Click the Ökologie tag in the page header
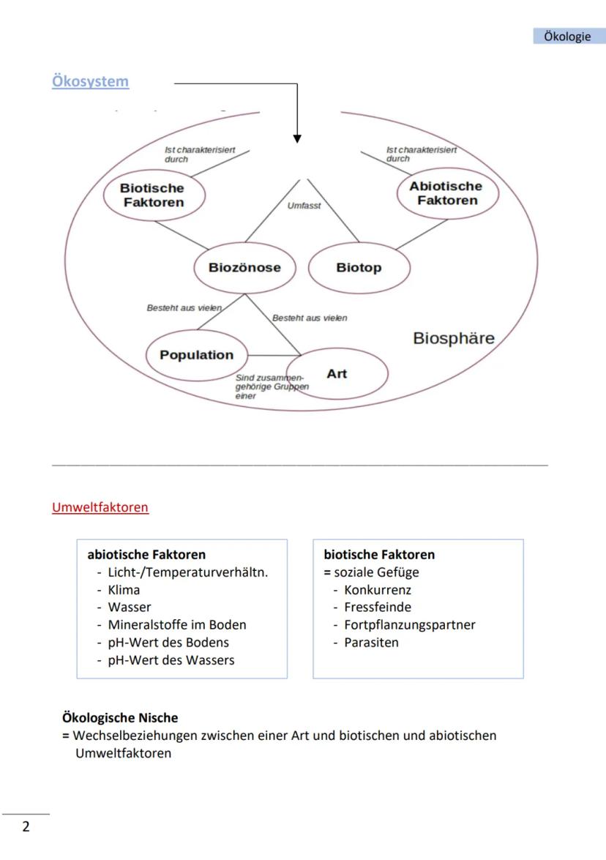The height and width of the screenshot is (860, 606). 566,37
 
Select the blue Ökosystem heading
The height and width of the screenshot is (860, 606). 90,81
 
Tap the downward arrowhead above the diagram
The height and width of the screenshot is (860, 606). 297,137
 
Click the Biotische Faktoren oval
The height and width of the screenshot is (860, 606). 152,195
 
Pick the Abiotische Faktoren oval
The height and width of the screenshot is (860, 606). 446,193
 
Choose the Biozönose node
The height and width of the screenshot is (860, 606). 244,268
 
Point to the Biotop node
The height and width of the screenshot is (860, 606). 359,268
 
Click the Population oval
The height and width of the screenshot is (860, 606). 196,355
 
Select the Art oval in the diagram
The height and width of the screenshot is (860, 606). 337,374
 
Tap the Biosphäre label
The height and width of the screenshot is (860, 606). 454,338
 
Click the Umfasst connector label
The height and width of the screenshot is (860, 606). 304,206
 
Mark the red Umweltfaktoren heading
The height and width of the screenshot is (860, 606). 100,507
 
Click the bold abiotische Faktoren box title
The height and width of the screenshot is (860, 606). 146,555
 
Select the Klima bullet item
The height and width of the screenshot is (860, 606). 124,590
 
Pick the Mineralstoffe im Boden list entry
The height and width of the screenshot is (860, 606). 176,625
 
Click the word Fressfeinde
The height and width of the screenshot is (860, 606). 378,607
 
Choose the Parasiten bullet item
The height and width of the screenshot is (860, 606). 371,643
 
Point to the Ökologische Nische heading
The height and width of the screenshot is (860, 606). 120,718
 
